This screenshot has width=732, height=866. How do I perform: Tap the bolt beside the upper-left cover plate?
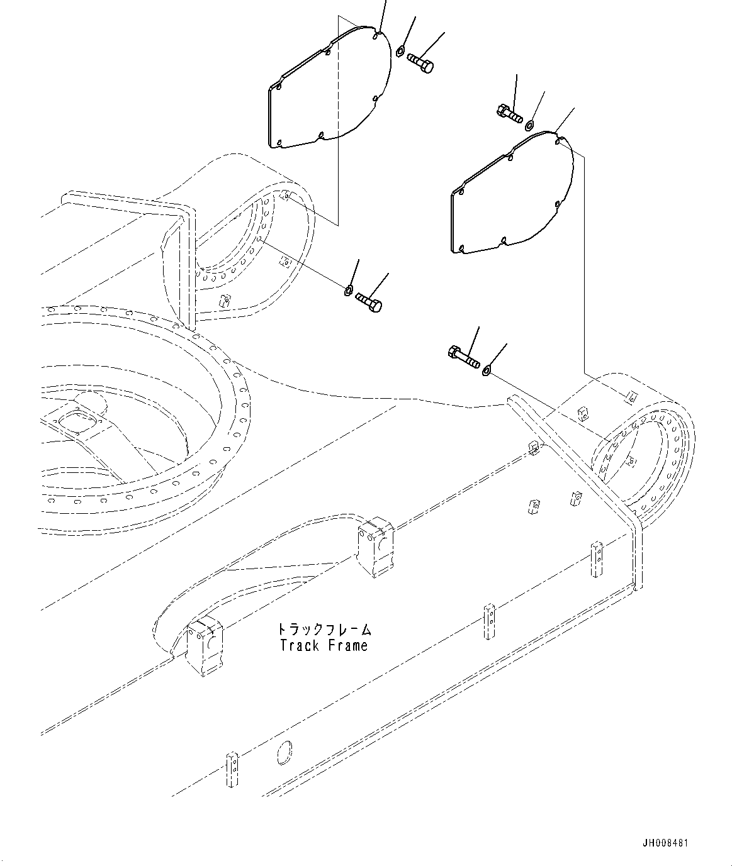[420, 62]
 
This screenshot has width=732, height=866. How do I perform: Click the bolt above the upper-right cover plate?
[509, 114]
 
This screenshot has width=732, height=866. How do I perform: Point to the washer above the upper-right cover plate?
[530, 124]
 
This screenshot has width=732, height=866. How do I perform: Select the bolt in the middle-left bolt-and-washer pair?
[369, 302]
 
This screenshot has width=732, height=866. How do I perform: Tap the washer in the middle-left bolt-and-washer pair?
[348, 290]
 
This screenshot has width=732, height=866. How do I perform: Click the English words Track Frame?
[324, 645]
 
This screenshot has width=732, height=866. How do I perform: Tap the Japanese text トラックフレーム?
[324, 629]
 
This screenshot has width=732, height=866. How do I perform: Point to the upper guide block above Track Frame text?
[375, 546]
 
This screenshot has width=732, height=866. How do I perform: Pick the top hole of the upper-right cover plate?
[558, 142]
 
